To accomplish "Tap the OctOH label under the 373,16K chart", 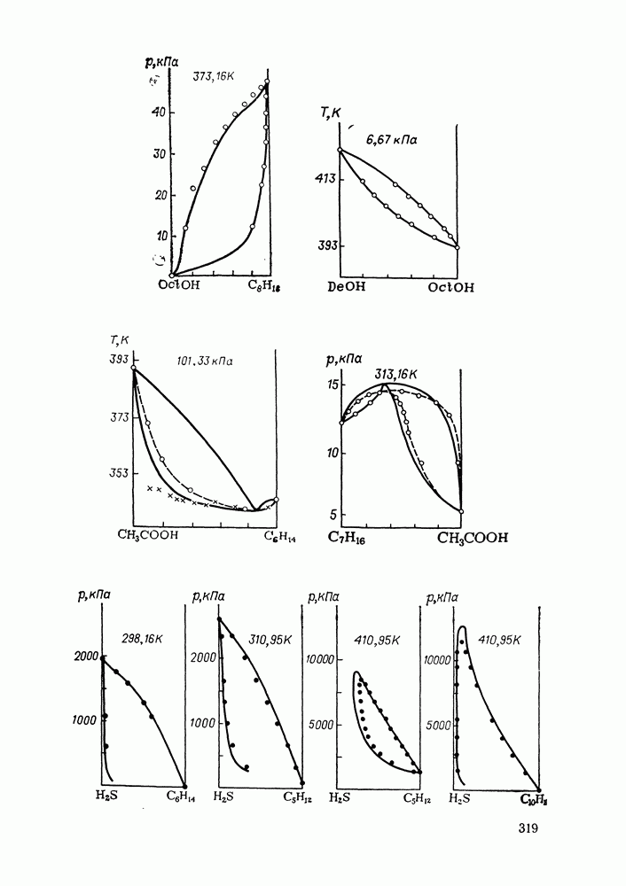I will click(x=179, y=285).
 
